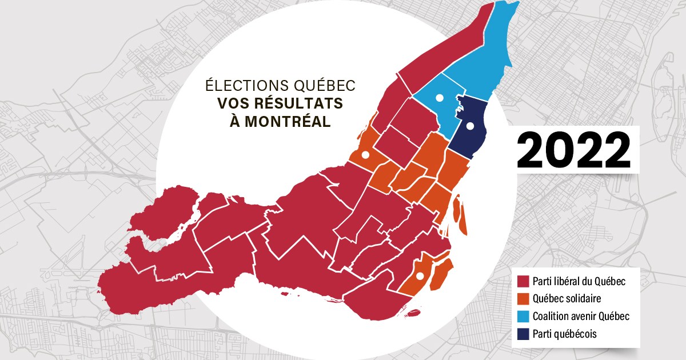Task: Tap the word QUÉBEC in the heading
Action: tap(324, 85)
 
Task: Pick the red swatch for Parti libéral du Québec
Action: tap(521, 282)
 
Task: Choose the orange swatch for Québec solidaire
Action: tap(521, 299)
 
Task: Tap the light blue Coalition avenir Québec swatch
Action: tap(521, 316)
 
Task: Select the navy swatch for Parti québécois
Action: tap(521, 334)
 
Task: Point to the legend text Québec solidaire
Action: tap(567, 299)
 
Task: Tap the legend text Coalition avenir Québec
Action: tap(580, 316)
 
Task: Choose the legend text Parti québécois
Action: tap(564, 334)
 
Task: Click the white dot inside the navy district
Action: tap(470, 126)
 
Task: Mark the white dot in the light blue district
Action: tap(439, 98)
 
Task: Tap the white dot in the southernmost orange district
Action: tap(420, 276)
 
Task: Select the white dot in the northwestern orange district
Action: tap(365, 154)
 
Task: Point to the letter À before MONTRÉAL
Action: tap(229, 122)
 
